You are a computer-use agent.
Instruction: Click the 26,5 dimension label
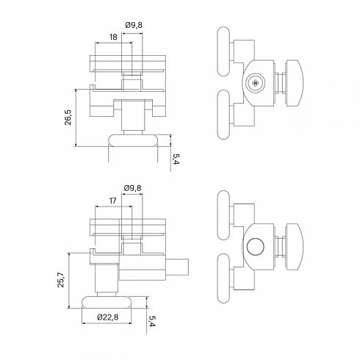pyautogui.click(x=68, y=118)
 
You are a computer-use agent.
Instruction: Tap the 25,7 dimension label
pyautogui.click(x=61, y=280)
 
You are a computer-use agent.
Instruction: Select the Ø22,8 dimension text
pyautogui.click(x=107, y=317)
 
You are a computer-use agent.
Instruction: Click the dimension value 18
pyautogui.click(x=113, y=37)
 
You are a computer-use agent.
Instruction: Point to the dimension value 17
pyautogui.click(x=112, y=201)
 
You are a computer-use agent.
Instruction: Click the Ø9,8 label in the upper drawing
pyautogui.click(x=134, y=25)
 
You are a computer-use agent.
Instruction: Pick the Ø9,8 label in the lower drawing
pyautogui.click(x=133, y=188)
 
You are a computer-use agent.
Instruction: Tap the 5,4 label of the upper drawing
pyautogui.click(x=176, y=159)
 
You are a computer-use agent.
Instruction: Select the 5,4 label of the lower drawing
pyautogui.click(x=152, y=321)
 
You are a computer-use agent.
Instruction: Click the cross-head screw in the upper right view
pyautogui.click(x=255, y=83)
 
